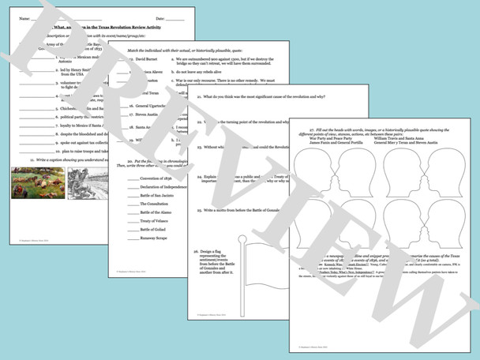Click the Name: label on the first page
[24, 18]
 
